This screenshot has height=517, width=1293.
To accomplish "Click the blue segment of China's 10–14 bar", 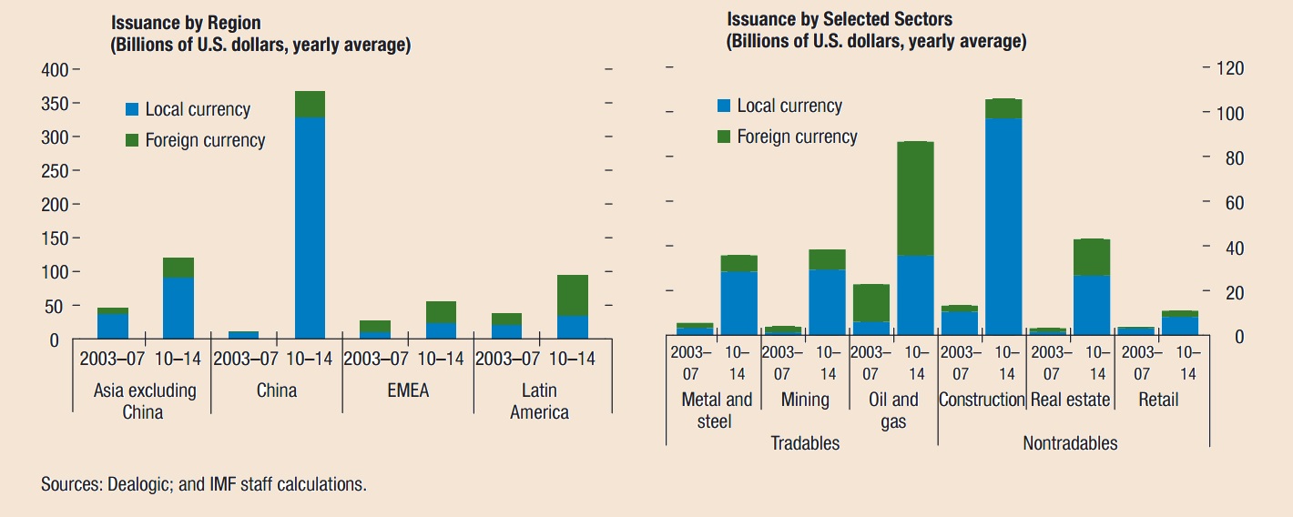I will pyautogui.click(x=310, y=228).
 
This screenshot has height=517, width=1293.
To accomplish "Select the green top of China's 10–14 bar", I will pyautogui.click(x=310, y=104).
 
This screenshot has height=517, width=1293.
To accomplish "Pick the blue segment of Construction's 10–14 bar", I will pyautogui.click(x=1003, y=228).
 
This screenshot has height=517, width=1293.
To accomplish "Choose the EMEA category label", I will pyautogui.click(x=407, y=391).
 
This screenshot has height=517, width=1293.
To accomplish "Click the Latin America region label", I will pyautogui.click(x=539, y=401).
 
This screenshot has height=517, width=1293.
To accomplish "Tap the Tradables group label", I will pyautogui.click(x=805, y=443).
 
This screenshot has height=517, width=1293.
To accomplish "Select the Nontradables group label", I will pyautogui.click(x=1070, y=443).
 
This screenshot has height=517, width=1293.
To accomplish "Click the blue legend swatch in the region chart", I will pyautogui.click(x=132, y=110).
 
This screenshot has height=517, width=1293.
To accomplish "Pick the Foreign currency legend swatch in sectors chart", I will pyautogui.click(x=724, y=137).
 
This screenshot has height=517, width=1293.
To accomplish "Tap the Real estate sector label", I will pyautogui.click(x=1070, y=400).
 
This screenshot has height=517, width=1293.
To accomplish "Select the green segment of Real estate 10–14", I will pyautogui.click(x=1092, y=257).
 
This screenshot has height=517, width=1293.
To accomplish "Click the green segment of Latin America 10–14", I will pyautogui.click(x=572, y=295).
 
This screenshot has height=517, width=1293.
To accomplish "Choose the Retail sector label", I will pyautogui.click(x=1158, y=400).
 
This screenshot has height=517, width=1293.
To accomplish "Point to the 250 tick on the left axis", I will pyautogui.click(x=56, y=171).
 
